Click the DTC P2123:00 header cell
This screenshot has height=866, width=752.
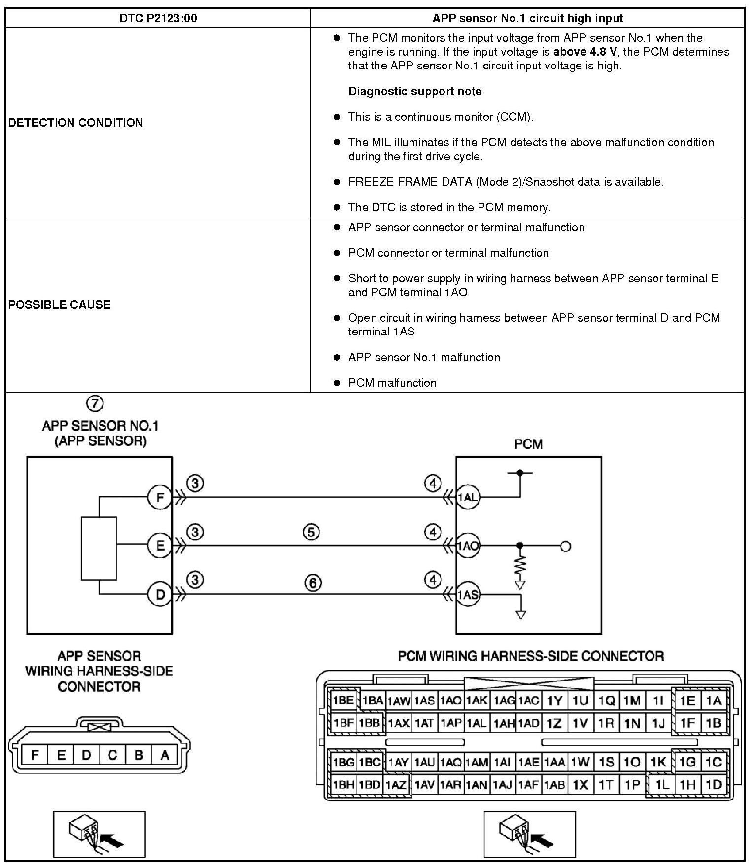(x=158, y=18)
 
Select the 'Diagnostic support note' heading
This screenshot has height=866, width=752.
(x=415, y=91)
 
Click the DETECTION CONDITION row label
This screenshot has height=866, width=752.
(x=75, y=122)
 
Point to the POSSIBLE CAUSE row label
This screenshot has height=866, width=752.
(x=59, y=304)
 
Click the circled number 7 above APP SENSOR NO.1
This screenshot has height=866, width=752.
(x=95, y=403)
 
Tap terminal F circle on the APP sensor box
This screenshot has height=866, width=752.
(x=160, y=498)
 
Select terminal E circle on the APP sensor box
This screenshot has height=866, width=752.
(x=160, y=546)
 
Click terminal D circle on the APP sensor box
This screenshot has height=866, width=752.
(x=160, y=595)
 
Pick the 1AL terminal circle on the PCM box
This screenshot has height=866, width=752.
(x=468, y=498)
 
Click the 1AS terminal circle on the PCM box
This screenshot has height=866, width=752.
(x=468, y=595)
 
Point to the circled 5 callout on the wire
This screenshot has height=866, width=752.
(x=311, y=532)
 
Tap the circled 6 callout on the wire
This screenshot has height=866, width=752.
(x=313, y=583)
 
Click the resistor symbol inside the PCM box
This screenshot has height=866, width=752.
(x=520, y=565)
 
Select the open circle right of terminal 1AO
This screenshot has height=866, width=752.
(x=566, y=546)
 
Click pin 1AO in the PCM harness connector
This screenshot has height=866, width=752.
(x=450, y=700)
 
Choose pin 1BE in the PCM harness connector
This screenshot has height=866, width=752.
(x=343, y=700)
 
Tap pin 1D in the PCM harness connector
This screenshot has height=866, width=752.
(x=714, y=785)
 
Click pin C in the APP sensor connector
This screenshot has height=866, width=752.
(x=113, y=755)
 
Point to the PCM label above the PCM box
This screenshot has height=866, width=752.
(x=528, y=444)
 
